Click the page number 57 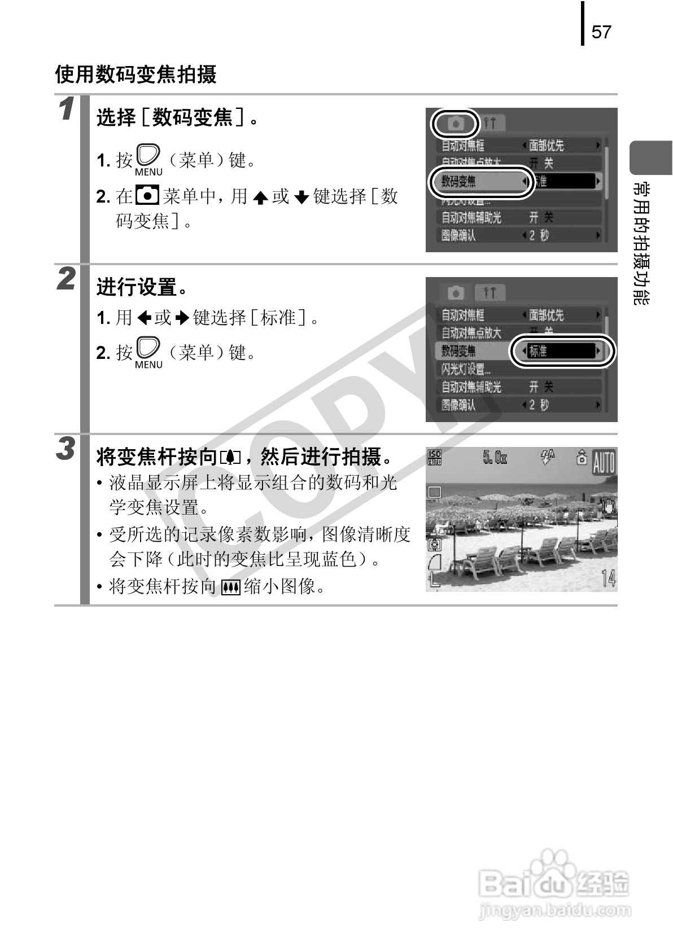click(x=601, y=32)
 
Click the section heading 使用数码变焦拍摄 click(x=136, y=74)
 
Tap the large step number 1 click(x=67, y=109)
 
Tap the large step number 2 click(x=67, y=279)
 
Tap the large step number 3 click(x=67, y=449)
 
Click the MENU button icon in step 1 click(x=148, y=160)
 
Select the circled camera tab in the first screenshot click(x=456, y=124)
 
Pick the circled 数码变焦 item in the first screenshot click(x=480, y=182)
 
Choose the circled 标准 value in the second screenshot click(x=562, y=351)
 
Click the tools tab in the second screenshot click(x=490, y=293)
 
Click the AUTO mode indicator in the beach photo click(x=603, y=464)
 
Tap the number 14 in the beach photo click(x=608, y=578)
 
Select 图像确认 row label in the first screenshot click(x=458, y=236)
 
